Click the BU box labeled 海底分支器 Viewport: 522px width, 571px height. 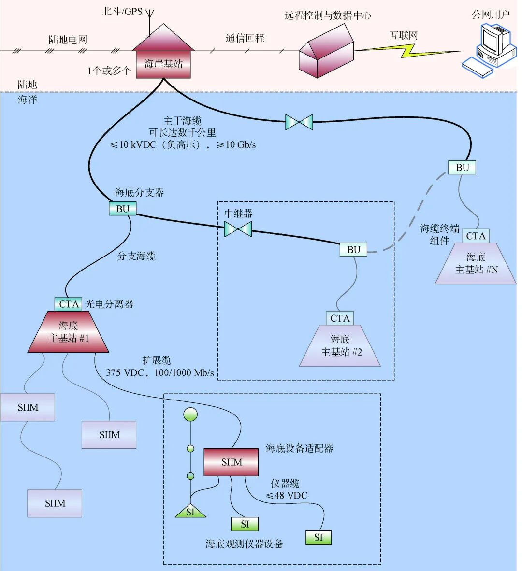coord(123,209)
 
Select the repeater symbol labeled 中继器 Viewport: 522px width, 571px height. coord(238,228)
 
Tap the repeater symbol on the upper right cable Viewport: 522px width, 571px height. coord(299,122)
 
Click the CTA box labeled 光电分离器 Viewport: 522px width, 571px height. coord(69,304)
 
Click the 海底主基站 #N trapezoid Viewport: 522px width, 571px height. coord(476,264)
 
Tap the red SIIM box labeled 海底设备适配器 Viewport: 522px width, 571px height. coord(231,462)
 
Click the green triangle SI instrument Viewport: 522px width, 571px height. coord(190,511)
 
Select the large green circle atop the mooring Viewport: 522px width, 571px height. coord(190,414)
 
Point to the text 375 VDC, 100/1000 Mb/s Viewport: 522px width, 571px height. coord(159,372)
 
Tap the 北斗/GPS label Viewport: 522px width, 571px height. coord(122,11)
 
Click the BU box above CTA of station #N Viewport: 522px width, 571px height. coord(462,168)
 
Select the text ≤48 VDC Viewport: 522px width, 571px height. coord(287,495)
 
